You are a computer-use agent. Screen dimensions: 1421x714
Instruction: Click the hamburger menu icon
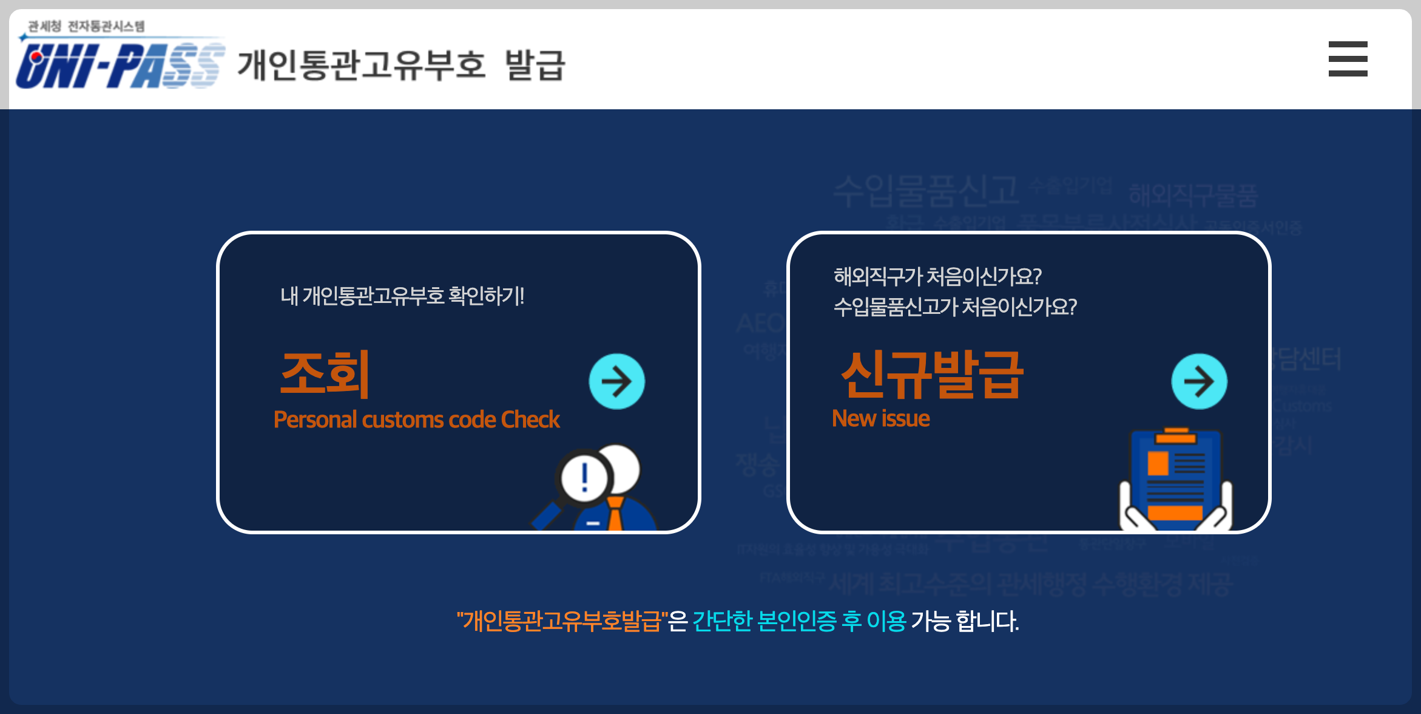(1348, 59)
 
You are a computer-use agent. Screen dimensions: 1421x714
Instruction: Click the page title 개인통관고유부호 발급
(401, 65)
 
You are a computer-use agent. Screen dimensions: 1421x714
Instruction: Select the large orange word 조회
(325, 374)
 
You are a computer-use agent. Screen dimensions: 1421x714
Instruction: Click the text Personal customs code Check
(417, 420)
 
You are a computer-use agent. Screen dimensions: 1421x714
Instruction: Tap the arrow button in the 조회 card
(616, 381)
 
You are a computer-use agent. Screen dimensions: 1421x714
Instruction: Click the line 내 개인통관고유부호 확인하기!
(402, 296)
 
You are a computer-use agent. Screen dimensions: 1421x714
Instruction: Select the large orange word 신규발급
(932, 374)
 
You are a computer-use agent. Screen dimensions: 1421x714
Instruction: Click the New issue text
(881, 418)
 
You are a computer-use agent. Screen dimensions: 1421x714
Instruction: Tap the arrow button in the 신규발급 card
(1199, 381)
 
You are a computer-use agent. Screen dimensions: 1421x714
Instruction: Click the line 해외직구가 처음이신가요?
(937, 276)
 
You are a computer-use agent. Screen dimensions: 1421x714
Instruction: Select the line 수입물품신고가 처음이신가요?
(955, 307)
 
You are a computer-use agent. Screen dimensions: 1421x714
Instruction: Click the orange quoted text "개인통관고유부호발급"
(561, 621)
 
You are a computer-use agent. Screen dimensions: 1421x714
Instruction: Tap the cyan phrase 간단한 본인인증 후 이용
(799, 621)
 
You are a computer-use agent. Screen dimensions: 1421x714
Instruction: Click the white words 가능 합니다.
(965, 621)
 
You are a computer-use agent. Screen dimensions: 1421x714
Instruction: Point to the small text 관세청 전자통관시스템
(87, 26)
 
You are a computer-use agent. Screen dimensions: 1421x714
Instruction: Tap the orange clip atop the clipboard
(1176, 435)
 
